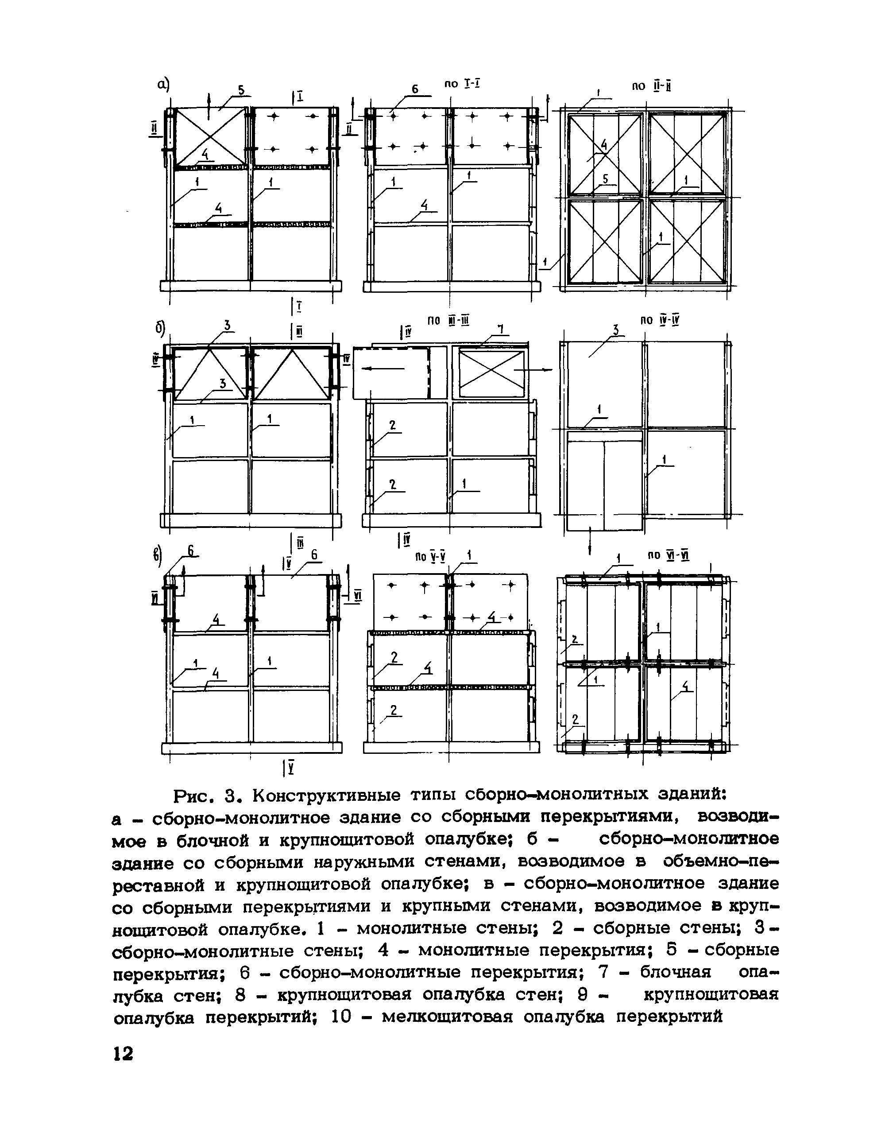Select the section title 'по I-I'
(462, 83)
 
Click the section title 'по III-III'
(448, 321)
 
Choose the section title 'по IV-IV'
(660, 321)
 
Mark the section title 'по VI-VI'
(669, 555)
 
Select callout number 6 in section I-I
(415, 89)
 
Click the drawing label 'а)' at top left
(164, 84)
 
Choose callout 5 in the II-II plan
(605, 178)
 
